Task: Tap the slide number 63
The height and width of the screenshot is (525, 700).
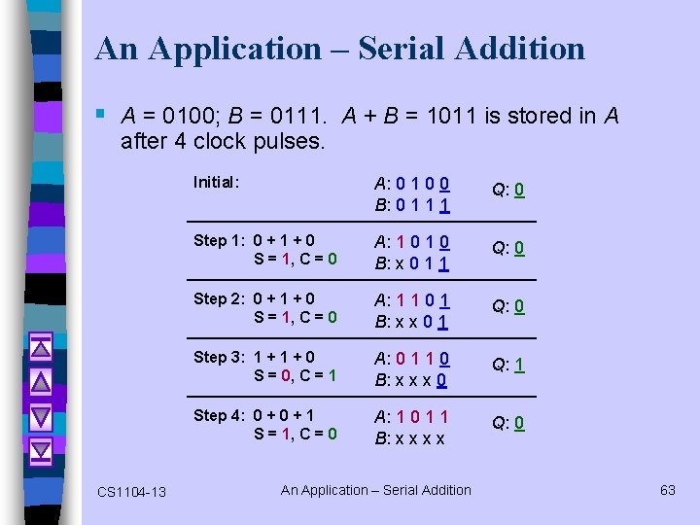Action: tap(667, 490)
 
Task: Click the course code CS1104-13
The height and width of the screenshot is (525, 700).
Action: tap(131, 492)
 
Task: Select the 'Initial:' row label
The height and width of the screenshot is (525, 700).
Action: tap(217, 181)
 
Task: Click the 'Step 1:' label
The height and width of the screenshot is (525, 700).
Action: tap(221, 240)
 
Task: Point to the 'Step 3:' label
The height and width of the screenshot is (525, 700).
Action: tap(221, 357)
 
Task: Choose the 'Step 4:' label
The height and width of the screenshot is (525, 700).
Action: tap(221, 415)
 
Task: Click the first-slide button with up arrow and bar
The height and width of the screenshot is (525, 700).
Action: tap(41, 345)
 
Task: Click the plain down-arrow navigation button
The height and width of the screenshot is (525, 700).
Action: tap(41, 416)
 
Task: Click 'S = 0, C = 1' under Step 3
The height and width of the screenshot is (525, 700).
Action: tap(296, 375)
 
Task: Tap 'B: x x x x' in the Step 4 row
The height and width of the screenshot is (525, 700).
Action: tap(410, 438)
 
